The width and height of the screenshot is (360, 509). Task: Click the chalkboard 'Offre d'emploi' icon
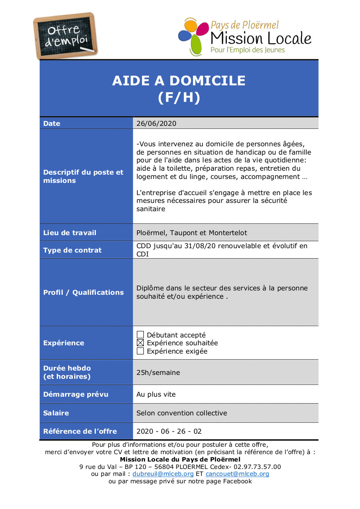pos(65,36)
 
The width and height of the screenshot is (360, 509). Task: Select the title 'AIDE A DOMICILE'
pos(179,81)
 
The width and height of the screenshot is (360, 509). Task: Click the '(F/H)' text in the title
pos(179,98)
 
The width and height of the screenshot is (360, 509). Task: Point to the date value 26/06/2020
pos(156,123)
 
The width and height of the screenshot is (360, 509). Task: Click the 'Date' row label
pos(52,124)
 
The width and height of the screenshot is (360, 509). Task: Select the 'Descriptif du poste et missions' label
pos(83,176)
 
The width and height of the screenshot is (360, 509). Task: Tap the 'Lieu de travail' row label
pos(70,233)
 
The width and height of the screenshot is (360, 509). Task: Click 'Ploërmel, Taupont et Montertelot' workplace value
pos(192,233)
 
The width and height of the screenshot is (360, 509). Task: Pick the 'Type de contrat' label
pos(72,250)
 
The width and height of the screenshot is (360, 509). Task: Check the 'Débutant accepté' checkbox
pos(140,335)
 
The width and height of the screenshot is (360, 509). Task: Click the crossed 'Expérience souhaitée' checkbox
pos(140,343)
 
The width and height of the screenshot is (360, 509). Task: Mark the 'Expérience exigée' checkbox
pos(140,351)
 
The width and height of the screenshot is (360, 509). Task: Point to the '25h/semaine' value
pos(158,373)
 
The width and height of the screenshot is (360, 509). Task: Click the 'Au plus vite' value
pos(156,394)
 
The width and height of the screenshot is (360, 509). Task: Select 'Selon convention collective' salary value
pos(182,413)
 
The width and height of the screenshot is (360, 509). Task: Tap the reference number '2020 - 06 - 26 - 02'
pos(169,431)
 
